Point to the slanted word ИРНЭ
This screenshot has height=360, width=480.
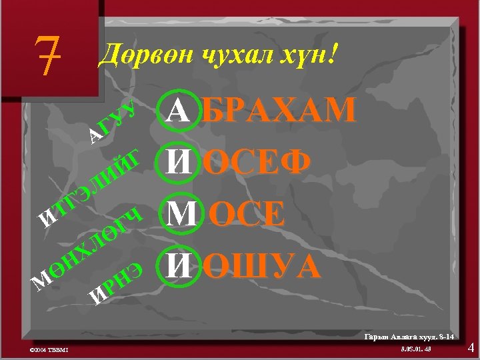(116, 283)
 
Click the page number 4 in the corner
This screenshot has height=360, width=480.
(471, 347)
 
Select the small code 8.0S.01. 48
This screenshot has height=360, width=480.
(417, 349)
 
